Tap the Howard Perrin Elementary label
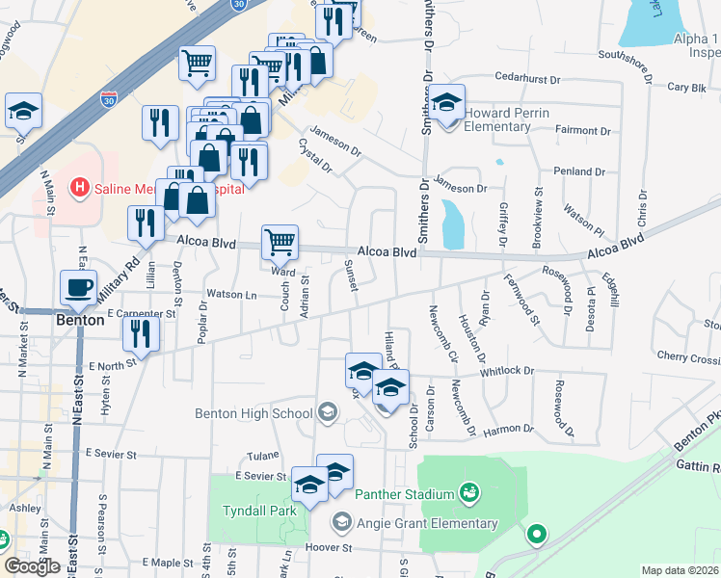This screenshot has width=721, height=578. click(507, 113)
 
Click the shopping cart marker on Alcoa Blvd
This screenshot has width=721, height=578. click(280, 243)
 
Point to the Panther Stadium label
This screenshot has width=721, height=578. click(404, 494)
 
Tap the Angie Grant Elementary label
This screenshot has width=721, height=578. click(427, 523)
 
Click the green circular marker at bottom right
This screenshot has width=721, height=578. click(536, 533)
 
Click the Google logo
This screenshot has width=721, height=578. click(33, 565)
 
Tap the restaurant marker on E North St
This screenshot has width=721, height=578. click(143, 335)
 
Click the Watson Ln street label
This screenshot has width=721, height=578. click(231, 295)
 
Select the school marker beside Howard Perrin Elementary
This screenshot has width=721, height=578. click(446, 102)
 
